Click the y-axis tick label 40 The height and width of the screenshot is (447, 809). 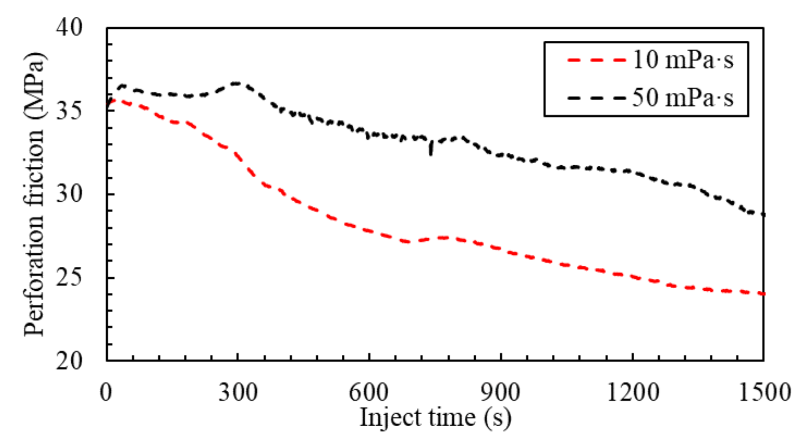(69, 27)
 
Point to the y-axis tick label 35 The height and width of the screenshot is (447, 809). (69, 110)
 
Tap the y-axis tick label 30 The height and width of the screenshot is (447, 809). (69, 194)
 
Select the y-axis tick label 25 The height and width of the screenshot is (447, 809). (69, 278)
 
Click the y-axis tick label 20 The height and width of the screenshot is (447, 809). (69, 361)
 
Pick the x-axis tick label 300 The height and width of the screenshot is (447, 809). (238, 393)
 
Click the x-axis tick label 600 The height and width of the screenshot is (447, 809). (369, 393)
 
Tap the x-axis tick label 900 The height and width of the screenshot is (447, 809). (501, 393)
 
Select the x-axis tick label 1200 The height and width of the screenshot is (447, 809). (633, 393)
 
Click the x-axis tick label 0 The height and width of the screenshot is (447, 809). (106, 393)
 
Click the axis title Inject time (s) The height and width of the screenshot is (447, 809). (435, 418)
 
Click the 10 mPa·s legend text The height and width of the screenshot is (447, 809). (683, 60)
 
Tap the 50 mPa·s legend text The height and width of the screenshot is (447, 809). (683, 98)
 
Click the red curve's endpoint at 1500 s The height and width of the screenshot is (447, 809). (763, 294)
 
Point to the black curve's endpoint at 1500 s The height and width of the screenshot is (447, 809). (763, 215)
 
